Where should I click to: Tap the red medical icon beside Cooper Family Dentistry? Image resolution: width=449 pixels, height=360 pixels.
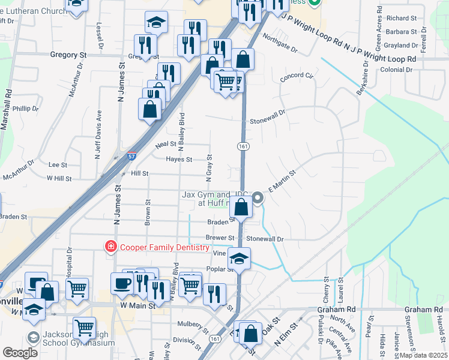pos(110,247)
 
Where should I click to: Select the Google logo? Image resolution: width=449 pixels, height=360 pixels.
pos(20,353)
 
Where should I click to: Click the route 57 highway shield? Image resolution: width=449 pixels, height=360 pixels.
pos(131,156)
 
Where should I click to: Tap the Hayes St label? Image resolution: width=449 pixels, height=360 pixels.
pos(179,160)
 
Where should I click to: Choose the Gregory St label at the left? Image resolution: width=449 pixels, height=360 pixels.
pos(69,55)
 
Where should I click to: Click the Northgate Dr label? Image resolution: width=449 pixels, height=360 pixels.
pos(280,50)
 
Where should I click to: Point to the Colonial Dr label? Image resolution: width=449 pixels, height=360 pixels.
pos(396,70)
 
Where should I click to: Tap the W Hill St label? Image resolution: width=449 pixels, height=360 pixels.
pos(59,178)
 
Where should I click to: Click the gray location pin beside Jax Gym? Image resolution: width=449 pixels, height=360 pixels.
pos(258,197)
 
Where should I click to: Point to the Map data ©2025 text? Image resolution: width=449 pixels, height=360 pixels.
pos(424,355)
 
